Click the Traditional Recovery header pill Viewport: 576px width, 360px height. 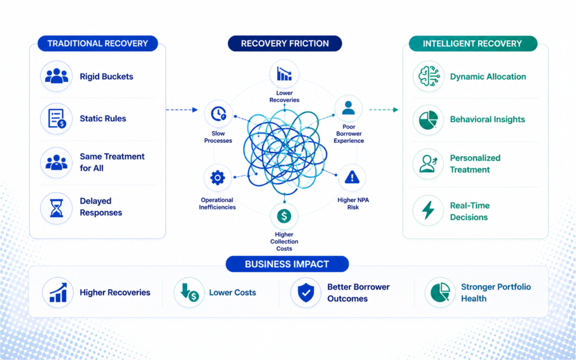[x=98, y=43]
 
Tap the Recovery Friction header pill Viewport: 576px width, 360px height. [x=285, y=43]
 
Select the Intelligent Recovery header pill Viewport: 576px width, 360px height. [x=473, y=43]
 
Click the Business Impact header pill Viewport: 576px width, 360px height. [x=287, y=264]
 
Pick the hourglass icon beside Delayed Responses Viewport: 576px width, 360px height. [x=56, y=208]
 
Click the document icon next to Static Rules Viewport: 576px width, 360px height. [x=56, y=118]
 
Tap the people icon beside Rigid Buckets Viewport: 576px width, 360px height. [x=56, y=76]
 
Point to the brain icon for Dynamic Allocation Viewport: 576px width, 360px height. [x=429, y=76]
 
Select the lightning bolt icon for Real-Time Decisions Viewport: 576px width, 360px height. [x=428, y=210]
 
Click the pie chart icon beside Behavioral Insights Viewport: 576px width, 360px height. [x=428, y=119]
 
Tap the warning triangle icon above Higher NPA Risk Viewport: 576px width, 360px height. [x=352, y=178]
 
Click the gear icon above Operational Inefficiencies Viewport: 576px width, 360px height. [x=218, y=178]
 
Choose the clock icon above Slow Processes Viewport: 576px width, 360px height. [x=218, y=114]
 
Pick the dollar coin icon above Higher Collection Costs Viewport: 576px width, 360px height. [x=284, y=216]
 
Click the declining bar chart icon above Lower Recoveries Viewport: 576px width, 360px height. [x=284, y=74]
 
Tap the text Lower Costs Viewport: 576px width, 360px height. [x=232, y=292]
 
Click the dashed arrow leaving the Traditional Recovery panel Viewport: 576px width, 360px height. [x=182, y=110]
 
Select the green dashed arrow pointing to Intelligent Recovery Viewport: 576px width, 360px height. [x=384, y=110]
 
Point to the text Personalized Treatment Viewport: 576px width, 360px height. [x=475, y=164]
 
